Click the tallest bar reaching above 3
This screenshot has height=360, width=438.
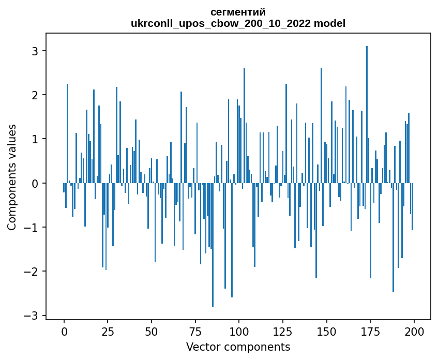367,114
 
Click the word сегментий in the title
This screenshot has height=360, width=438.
238,12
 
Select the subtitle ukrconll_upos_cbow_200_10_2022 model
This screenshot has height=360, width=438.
238,23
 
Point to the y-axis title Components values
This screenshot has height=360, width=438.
12,177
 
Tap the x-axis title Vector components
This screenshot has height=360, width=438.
238,347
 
